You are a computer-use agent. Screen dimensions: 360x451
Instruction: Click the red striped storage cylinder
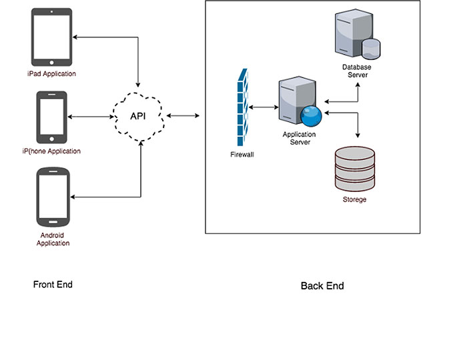pyautogui.click(x=354, y=169)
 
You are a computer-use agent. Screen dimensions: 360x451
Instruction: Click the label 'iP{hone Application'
pyautogui.click(x=51, y=151)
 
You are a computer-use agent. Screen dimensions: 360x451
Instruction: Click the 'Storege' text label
pyautogui.click(x=354, y=199)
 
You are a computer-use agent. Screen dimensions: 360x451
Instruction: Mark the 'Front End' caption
pyautogui.click(x=53, y=285)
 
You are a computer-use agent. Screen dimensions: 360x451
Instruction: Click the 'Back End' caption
pyautogui.click(x=322, y=286)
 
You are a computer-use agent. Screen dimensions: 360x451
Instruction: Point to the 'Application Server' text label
pyautogui.click(x=299, y=138)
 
